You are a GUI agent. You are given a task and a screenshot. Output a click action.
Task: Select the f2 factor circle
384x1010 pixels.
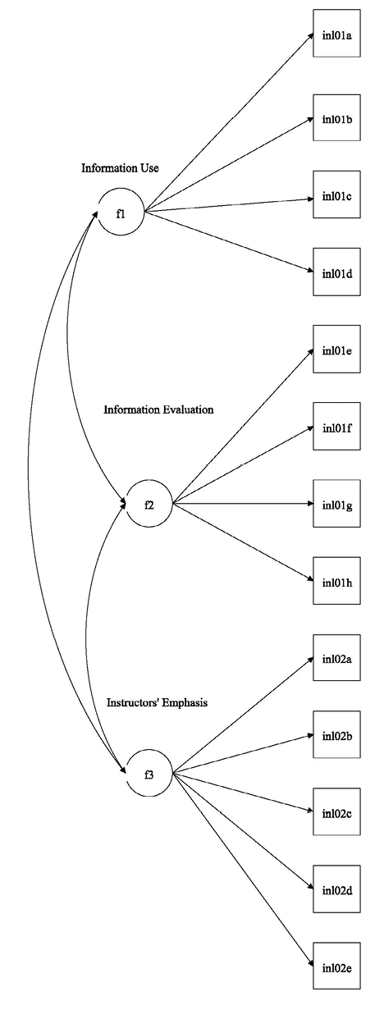click(x=149, y=504)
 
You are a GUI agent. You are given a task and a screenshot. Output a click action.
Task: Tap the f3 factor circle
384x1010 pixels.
click(x=149, y=773)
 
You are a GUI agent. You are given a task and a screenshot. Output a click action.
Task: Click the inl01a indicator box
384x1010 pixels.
click(x=336, y=34)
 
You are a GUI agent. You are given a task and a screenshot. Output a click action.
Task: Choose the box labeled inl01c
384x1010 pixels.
click(x=336, y=196)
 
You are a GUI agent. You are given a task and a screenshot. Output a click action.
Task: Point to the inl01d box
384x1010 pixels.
click(x=336, y=272)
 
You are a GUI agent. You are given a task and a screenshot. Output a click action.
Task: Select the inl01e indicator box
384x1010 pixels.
click(x=336, y=350)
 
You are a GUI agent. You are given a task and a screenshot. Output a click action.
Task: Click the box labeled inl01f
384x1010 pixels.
click(x=336, y=427)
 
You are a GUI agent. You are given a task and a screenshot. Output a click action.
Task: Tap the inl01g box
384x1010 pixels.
click(x=336, y=504)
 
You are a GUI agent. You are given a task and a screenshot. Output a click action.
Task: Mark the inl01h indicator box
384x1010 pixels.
click(x=336, y=581)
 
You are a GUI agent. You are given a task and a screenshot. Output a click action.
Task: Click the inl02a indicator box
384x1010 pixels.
click(x=336, y=657)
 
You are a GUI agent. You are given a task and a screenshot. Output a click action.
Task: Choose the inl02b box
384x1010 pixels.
click(x=336, y=734)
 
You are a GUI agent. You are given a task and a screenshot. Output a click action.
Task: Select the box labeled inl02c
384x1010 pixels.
click(x=336, y=811)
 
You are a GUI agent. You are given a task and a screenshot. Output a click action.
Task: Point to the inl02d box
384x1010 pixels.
click(x=336, y=889)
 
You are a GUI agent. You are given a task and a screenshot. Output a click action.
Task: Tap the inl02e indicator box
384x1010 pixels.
click(x=336, y=966)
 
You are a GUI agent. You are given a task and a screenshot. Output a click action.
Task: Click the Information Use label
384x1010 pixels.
click(x=120, y=168)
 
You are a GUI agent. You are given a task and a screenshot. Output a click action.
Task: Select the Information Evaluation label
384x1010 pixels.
click(x=158, y=409)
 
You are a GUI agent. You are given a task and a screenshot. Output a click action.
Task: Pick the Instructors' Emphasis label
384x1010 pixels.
click(x=157, y=702)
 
